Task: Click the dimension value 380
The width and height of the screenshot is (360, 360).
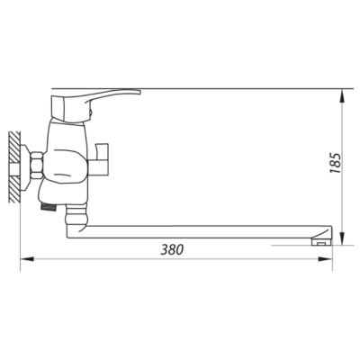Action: pyautogui.click(x=172, y=249)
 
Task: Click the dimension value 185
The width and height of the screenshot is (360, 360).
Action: pyautogui.click(x=336, y=163)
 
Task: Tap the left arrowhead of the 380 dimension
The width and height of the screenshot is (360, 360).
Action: pyautogui.click(x=27, y=259)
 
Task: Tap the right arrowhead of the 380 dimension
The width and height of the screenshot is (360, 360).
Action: pyautogui.click(x=325, y=259)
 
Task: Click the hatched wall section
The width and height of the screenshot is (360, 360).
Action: pyautogui.click(x=14, y=167)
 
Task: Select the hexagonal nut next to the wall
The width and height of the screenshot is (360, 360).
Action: pyautogui.click(x=37, y=166)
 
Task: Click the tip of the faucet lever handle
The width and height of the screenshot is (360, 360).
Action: pyautogui.click(x=139, y=92)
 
